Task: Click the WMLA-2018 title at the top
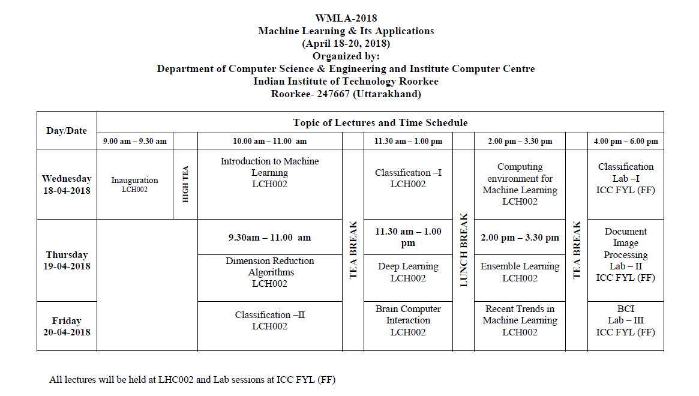click(x=346, y=18)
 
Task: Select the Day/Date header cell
click(x=67, y=130)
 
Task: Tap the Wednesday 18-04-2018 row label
click(x=67, y=184)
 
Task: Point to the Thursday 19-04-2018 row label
click(x=67, y=260)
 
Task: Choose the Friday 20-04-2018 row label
click(x=67, y=326)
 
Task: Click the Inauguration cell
click(x=134, y=184)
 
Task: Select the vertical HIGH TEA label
click(x=185, y=184)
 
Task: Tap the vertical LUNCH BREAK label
click(x=463, y=250)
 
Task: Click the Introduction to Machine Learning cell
click(x=269, y=173)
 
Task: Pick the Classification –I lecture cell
click(x=408, y=178)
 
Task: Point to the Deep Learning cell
click(x=408, y=272)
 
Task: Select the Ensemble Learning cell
click(x=520, y=272)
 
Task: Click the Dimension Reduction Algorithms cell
click(x=269, y=272)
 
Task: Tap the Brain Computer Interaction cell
click(x=408, y=320)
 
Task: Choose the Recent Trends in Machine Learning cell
click(x=520, y=320)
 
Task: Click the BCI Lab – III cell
click(x=625, y=320)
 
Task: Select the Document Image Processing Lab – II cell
click(x=625, y=254)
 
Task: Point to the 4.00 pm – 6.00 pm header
click(x=625, y=142)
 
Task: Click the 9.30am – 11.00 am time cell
click(x=269, y=237)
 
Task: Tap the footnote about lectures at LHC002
click(x=192, y=379)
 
